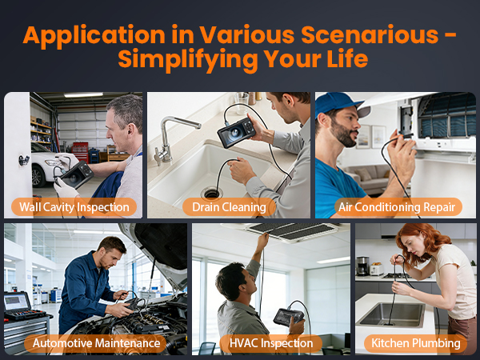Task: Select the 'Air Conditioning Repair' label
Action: (399, 207)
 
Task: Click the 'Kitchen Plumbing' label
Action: (415, 344)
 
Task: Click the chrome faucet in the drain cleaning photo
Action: (172, 132)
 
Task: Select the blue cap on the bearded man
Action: (341, 105)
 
